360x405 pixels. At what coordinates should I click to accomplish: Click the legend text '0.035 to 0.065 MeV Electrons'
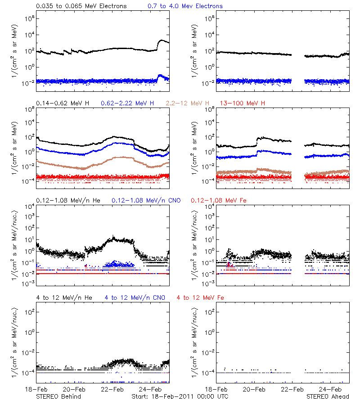coord(81,6)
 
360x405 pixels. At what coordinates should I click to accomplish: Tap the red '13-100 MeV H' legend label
coord(243,103)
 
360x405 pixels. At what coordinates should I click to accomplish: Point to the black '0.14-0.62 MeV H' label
coord(63,103)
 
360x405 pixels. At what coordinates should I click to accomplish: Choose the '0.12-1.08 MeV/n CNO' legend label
coord(146,200)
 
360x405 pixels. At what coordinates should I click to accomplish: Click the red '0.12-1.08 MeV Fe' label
coord(219,200)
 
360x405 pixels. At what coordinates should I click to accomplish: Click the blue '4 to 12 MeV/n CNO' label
coord(135,297)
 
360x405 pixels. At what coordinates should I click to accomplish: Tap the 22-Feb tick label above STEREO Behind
coord(112,389)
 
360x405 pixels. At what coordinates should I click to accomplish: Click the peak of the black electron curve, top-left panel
coord(162,40)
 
